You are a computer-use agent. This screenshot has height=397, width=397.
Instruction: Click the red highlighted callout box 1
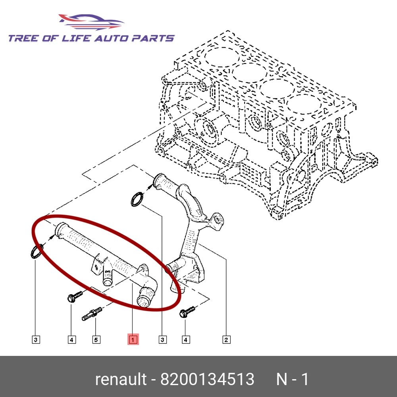(x=133, y=339)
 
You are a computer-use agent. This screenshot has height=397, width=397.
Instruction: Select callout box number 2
(x=226, y=339)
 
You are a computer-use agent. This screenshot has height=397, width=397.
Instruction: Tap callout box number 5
(x=96, y=339)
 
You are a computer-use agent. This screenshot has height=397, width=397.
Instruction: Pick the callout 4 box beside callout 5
(x=71, y=339)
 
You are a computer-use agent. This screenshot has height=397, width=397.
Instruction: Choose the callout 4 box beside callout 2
(x=185, y=339)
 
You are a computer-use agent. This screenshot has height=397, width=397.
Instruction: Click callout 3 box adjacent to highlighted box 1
(x=162, y=339)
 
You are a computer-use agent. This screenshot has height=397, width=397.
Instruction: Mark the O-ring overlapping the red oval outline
(x=36, y=252)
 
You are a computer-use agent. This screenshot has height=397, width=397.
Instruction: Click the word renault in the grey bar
(x=120, y=380)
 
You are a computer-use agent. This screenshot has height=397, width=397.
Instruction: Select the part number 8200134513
(x=207, y=380)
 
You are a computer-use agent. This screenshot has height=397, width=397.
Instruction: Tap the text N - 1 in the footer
(x=292, y=380)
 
